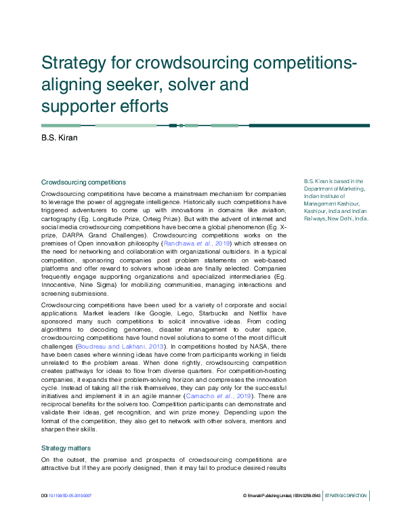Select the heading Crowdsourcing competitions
(83, 182)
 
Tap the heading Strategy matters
(66, 448)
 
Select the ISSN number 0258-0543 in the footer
(310, 496)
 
